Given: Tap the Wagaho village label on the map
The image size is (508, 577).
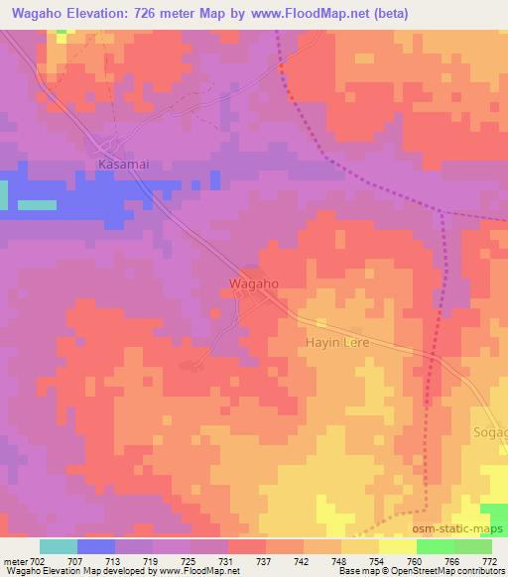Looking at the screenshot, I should (253, 284).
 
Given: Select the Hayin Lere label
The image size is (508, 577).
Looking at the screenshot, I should (336, 343).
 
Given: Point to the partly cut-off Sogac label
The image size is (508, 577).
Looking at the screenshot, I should (491, 433).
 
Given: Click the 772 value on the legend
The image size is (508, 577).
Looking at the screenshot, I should (490, 561).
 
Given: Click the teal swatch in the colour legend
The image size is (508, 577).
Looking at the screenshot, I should (59, 546).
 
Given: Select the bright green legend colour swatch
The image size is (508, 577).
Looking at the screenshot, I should (436, 546).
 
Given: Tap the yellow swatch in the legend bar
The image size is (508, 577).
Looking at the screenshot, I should (398, 546).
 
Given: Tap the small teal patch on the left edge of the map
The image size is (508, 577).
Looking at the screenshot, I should (38, 205).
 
